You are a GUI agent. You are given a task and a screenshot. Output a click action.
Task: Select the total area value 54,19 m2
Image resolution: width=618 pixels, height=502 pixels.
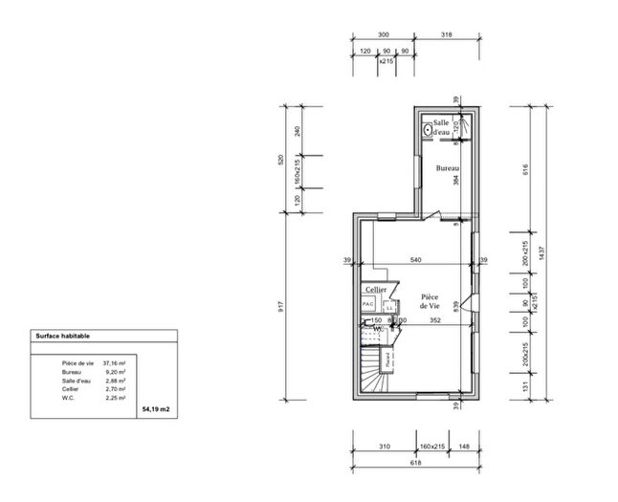click(x=155, y=408)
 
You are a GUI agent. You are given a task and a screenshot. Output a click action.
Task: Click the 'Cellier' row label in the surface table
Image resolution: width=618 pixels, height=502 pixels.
click(x=71, y=389)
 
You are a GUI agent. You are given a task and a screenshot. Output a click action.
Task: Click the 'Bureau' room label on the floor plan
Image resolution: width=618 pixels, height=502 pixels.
click(x=447, y=169)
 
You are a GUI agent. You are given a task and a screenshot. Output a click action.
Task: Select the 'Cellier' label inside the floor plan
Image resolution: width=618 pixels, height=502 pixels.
click(x=376, y=288)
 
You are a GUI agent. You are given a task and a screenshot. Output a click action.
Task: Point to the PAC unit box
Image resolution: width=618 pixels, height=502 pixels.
click(x=367, y=303)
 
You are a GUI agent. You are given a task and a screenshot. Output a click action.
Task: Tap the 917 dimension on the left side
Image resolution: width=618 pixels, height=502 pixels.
click(x=281, y=310)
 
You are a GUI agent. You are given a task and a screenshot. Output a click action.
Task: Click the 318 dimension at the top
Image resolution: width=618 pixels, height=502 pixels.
click(x=448, y=33)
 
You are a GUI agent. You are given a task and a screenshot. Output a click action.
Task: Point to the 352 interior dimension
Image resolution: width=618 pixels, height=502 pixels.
click(x=434, y=321)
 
